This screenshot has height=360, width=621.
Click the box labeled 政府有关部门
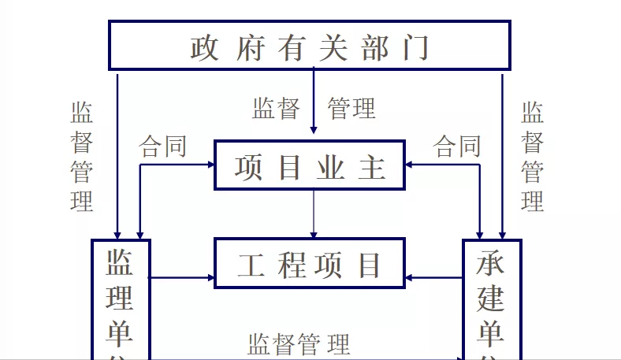pos(309,45)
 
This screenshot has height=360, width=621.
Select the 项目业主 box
pos(309,165)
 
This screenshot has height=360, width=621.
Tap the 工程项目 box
pos(309,263)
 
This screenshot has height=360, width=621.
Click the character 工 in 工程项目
pos(251,265)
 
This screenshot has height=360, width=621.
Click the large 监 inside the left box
pos(120,263)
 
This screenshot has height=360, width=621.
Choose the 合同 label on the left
pos(163,147)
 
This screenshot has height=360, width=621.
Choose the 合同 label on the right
pos(458,147)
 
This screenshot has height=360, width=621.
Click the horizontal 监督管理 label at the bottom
pos(299,344)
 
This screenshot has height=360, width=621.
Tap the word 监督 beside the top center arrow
pos(276,108)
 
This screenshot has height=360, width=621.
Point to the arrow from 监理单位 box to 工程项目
pos(182,277)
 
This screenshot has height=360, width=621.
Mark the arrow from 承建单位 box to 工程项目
pos(433,277)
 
